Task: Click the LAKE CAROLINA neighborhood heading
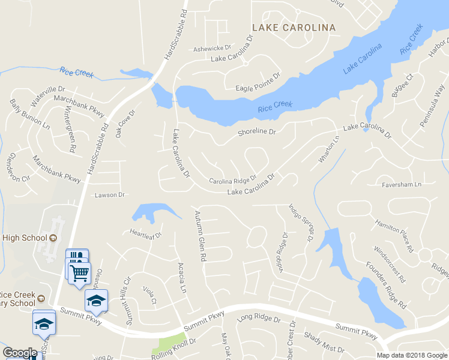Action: click(x=294, y=28)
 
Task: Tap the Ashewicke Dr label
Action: click(x=212, y=49)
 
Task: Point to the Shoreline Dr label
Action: click(x=256, y=132)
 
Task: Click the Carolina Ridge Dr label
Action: click(x=232, y=180)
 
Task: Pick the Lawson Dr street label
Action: click(x=109, y=195)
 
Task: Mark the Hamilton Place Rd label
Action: click(x=394, y=234)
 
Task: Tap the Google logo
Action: click(x=20, y=353)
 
